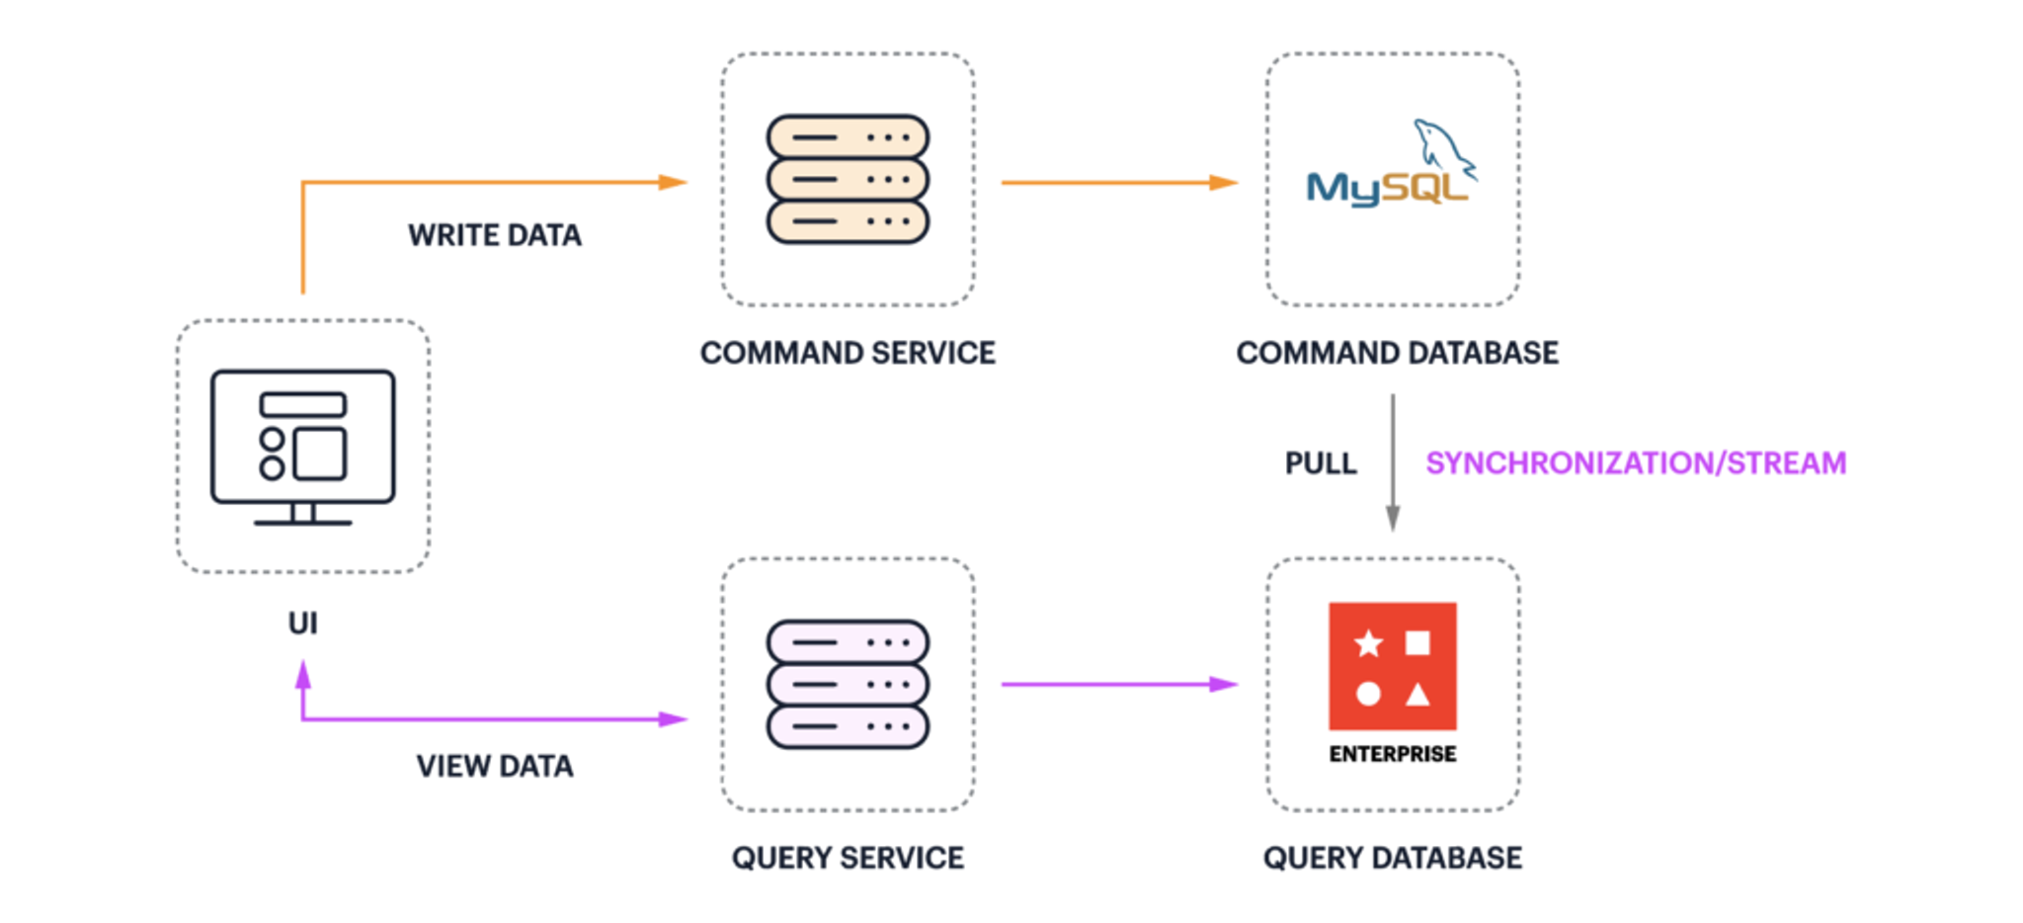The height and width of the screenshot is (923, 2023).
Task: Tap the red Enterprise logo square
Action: [1392, 666]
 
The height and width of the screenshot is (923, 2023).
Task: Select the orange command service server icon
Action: [848, 180]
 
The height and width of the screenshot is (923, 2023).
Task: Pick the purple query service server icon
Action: [848, 684]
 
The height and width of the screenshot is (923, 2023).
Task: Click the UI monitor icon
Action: [302, 446]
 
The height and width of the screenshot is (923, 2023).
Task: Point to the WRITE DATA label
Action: [494, 235]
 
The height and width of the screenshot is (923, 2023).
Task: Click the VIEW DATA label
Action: [494, 766]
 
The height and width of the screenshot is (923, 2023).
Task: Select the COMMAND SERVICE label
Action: [848, 353]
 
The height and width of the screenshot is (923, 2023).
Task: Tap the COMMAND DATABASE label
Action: [1397, 353]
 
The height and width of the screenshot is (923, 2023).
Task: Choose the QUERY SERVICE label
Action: [848, 858]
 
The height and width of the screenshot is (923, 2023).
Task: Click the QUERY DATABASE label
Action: [1392, 858]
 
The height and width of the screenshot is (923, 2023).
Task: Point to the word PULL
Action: [1320, 463]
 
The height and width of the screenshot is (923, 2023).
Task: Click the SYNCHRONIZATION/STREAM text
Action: [1635, 463]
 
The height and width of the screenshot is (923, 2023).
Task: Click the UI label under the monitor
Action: [302, 623]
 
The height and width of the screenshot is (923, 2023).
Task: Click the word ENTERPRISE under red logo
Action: [1392, 754]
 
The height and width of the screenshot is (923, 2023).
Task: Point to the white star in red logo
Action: [1368, 644]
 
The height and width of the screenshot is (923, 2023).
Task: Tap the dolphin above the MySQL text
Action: [1442, 148]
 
